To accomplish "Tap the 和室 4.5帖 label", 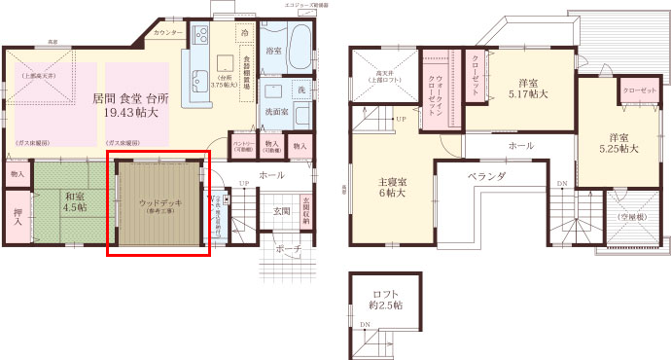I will [x=75, y=202].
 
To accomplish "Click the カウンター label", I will [x=168, y=33].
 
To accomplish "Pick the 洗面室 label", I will [x=279, y=112].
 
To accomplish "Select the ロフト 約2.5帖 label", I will [x=386, y=300].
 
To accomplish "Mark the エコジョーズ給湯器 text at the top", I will [x=305, y=5].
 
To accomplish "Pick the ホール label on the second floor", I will [x=520, y=145].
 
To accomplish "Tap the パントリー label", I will [x=243, y=147].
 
